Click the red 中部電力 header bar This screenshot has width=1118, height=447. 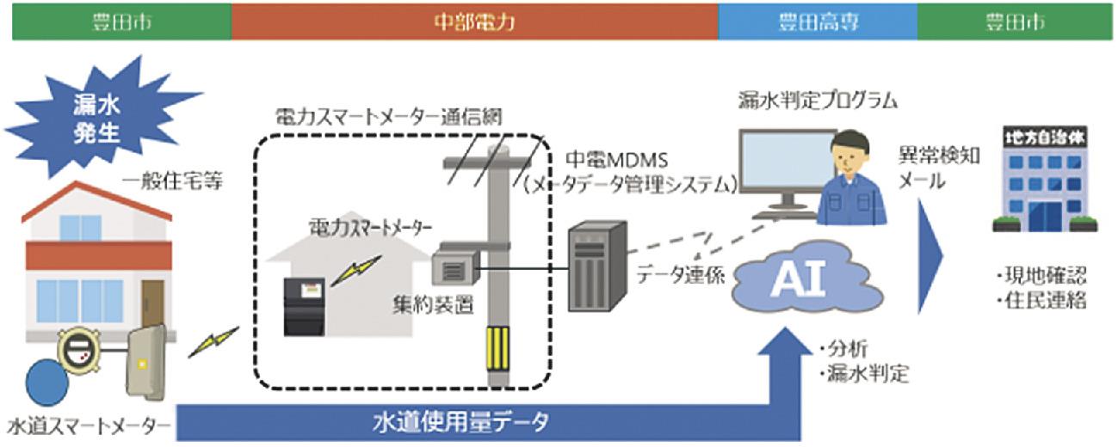coord(474,21)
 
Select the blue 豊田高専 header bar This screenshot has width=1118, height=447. coord(818,21)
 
